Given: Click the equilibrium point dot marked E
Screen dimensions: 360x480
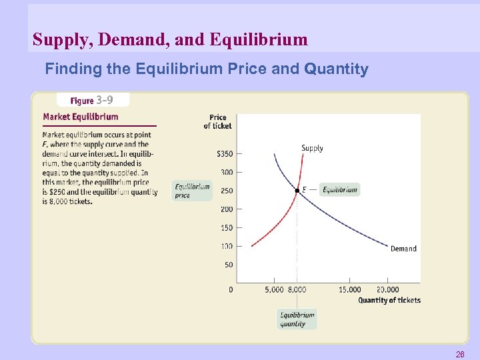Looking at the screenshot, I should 297,191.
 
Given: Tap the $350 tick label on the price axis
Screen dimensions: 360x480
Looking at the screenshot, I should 225,153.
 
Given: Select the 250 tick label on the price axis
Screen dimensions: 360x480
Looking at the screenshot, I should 227,191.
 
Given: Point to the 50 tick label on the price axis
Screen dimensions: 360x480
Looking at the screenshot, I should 229,265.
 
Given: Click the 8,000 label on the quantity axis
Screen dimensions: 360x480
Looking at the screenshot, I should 297,289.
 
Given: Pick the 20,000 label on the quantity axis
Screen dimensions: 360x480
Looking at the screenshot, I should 387,289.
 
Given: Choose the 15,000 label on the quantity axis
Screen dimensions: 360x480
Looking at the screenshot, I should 349,289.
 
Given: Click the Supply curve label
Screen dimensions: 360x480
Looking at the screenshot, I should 313,148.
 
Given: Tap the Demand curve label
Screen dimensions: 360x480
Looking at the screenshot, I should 403,249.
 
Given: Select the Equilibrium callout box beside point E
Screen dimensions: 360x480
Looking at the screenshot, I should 339,190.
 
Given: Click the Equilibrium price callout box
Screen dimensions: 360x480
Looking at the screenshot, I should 192,191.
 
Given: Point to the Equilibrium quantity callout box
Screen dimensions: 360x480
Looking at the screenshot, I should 297,319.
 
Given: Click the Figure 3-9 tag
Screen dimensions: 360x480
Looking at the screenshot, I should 93,101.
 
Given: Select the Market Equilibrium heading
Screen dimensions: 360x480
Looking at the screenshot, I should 81,117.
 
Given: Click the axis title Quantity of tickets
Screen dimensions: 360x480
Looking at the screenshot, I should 389,300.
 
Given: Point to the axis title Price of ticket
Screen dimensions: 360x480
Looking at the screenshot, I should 218,121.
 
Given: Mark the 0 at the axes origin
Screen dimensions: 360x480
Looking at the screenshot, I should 231,289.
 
